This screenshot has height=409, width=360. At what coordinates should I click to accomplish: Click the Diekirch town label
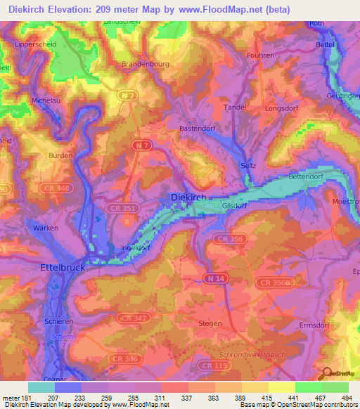189,198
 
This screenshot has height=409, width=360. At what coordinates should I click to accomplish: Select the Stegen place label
210,323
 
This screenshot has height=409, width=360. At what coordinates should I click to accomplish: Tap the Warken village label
45,228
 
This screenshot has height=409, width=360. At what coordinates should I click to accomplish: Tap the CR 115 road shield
210,365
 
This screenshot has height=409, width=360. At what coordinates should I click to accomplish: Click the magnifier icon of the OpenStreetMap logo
325,372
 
